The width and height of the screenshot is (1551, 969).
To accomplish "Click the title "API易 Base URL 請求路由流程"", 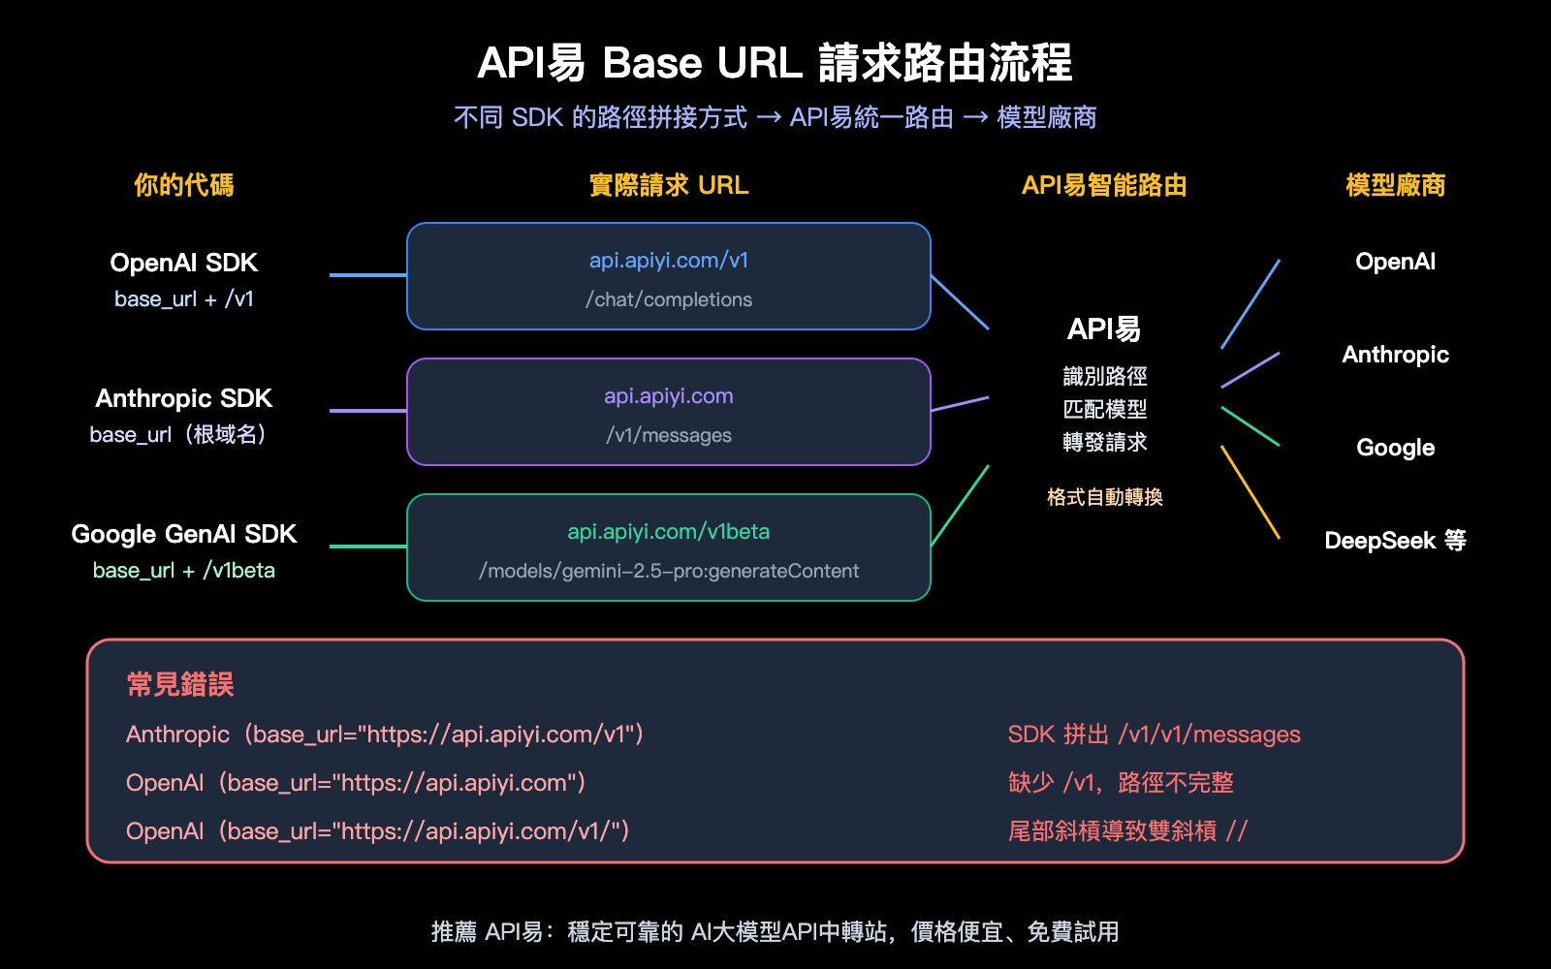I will (x=775, y=63).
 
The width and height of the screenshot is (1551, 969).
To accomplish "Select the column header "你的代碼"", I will (x=183, y=185).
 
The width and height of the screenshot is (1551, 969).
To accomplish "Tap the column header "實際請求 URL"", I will (x=669, y=185).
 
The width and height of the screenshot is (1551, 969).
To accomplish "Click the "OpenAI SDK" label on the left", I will (x=183, y=263).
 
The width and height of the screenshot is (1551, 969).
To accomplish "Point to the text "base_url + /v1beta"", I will (x=183, y=571).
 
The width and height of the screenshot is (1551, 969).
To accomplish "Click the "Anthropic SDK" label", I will (x=183, y=398).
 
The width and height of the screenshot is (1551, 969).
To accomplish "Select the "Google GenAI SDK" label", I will (x=183, y=534).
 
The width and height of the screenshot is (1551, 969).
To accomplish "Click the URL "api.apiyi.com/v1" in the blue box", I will (x=669, y=261).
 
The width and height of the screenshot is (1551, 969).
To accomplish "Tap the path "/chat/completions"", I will (x=669, y=299).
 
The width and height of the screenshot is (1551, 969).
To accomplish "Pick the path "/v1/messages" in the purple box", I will (x=669, y=435).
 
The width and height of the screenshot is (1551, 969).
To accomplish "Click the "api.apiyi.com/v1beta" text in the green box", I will (x=669, y=532).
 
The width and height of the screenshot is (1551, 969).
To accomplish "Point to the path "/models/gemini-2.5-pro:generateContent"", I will (x=669, y=571).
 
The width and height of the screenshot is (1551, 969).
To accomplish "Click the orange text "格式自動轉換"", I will (x=1104, y=497).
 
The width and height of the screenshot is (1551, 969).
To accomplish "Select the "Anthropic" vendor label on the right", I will (x=1395, y=355).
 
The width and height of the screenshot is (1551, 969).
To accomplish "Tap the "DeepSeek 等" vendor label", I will (x=1395, y=541).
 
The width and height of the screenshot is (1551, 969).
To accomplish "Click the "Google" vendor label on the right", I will (x=1395, y=448).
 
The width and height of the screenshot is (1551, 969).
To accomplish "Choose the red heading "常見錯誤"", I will (x=180, y=685).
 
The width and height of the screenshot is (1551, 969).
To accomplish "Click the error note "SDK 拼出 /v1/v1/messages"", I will (x=1154, y=735).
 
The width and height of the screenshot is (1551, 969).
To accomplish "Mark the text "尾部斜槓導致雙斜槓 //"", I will (x=1127, y=831).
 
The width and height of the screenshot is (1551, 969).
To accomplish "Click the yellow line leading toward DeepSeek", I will (x=1250, y=492).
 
